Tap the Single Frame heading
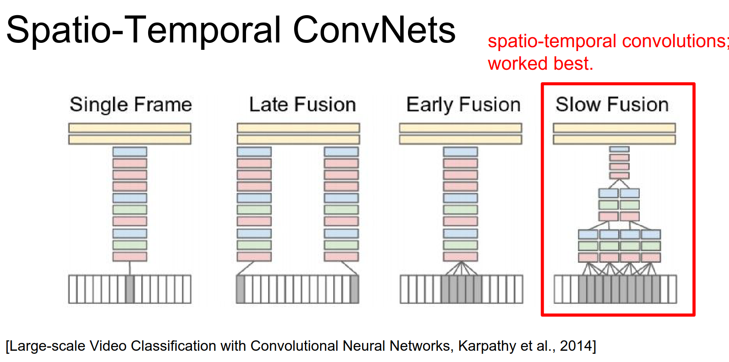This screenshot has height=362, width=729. (130, 105)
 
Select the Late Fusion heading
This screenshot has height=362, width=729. (302, 105)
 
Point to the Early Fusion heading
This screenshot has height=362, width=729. (463, 105)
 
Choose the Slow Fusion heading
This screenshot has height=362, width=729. (612, 105)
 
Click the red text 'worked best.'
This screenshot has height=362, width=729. (540, 64)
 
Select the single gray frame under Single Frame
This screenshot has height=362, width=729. (130, 289)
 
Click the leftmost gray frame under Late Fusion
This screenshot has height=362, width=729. (241, 289)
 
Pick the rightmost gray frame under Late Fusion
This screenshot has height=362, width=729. (354, 289)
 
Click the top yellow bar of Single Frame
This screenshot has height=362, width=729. (130, 128)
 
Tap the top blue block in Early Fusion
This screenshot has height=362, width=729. (460, 152)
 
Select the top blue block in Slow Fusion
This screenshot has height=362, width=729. (619, 149)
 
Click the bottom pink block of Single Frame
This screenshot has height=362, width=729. (130, 256)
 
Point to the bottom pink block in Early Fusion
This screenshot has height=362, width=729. (460, 256)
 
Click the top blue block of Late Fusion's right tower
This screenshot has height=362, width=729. (341, 152)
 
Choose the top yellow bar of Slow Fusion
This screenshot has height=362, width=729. (614, 128)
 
